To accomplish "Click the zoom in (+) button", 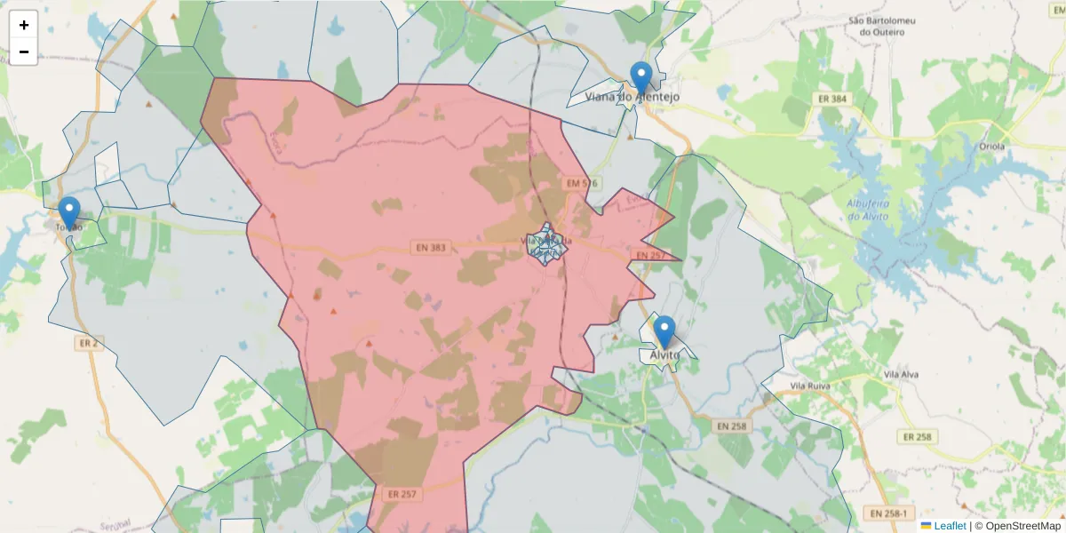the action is click(24, 25).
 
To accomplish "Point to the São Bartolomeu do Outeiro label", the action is click(882, 26).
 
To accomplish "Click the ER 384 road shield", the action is click(832, 99).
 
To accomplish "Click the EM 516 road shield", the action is click(582, 184).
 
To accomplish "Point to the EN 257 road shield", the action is click(650, 255).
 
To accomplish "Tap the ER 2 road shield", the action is click(87, 342).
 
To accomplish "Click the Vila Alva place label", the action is click(906, 376).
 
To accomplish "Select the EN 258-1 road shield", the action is click(888, 513).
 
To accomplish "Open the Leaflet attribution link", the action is click(949, 526).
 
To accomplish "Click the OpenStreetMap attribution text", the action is click(1022, 526).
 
